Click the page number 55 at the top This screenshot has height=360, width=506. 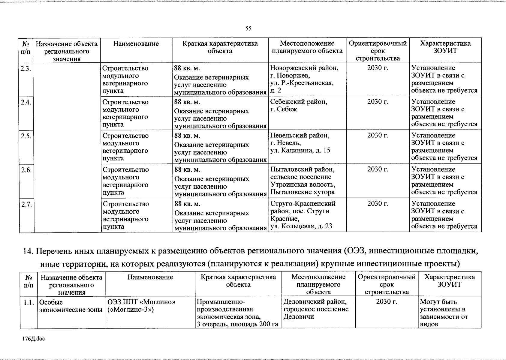tap(248, 28)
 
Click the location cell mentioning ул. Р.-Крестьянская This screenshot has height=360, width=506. tap(302, 83)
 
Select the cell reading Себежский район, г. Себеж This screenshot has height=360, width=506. tap(299, 105)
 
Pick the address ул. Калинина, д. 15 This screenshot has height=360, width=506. tap(300, 150)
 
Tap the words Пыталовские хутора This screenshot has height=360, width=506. tap(303, 192)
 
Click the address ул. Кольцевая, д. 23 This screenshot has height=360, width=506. tap(301, 226)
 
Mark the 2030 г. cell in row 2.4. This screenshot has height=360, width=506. tap(378, 102)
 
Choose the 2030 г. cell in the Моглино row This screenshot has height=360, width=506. tap(387, 301)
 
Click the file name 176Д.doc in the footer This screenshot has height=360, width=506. tap(33, 339)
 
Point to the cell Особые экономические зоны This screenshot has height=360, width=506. tap(71, 306)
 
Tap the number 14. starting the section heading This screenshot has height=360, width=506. tap(29, 251)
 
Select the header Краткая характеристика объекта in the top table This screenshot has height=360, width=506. tap(220, 47)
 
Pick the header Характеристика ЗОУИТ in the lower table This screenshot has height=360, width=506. tap(449, 280)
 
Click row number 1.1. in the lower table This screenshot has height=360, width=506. tap(29, 302)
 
